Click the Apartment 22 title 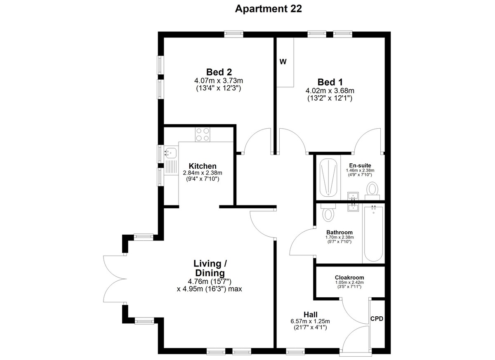click(x=268, y=9)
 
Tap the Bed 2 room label click(x=219, y=72)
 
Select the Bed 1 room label click(x=330, y=82)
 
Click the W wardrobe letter click(x=283, y=61)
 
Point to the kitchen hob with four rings click(x=203, y=135)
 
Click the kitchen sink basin click(x=171, y=153)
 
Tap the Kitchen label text click(x=203, y=166)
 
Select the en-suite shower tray click(x=328, y=178)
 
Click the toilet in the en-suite click(x=372, y=191)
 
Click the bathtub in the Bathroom click(x=373, y=234)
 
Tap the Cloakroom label click(x=349, y=278)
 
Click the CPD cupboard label click(x=377, y=319)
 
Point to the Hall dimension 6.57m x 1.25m click(x=310, y=321)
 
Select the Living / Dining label click(x=210, y=268)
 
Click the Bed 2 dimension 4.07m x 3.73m click(x=219, y=80)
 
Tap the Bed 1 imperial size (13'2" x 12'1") click(x=330, y=98)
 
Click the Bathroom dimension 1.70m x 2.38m click(x=339, y=238)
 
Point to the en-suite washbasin click(x=354, y=196)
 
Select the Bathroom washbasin click(x=354, y=207)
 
